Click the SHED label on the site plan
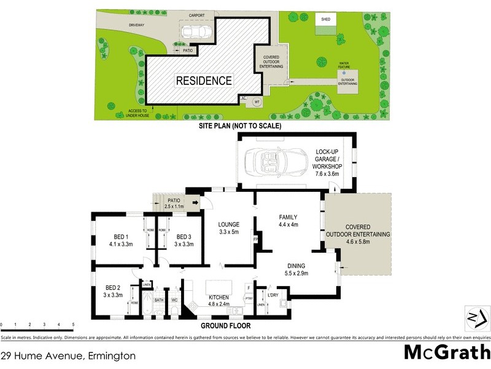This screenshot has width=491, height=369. coord(325,20)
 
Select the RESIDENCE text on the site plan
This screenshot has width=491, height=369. coord(204,81)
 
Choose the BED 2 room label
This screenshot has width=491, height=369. coord(111,288)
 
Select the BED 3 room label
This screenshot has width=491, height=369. coord(185,237)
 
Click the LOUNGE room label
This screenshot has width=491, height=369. coord(228,224)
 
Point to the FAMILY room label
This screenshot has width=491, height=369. coord(288,217)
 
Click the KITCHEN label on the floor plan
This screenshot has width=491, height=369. coord(220,296)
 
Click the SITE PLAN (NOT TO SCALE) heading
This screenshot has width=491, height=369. coord(239,126)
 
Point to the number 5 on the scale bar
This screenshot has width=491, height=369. coord(73,324)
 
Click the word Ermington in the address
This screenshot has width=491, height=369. coord(112,355)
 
